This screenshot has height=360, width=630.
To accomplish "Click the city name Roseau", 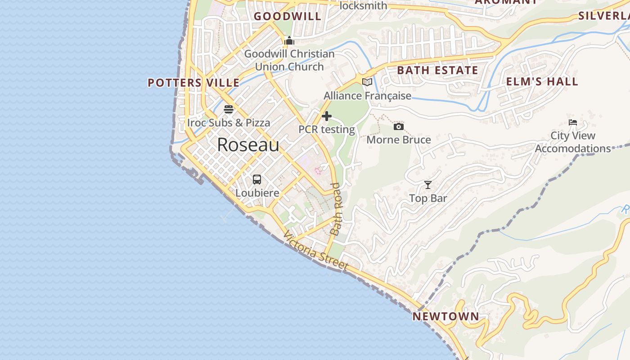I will click(x=248, y=145).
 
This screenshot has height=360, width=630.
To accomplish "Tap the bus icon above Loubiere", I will click(x=257, y=180).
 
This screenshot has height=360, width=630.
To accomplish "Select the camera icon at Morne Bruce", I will click(x=398, y=127).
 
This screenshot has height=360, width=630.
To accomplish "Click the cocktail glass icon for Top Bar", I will click(x=427, y=185).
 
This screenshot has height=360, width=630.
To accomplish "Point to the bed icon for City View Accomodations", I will click(x=572, y=122).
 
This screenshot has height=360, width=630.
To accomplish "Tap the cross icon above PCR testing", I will click(x=327, y=117).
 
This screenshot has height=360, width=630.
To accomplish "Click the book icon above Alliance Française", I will click(x=367, y=82).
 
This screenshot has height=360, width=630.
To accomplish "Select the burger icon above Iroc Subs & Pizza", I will click(x=229, y=109).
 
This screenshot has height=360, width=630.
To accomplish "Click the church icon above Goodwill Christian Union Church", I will click(x=289, y=41).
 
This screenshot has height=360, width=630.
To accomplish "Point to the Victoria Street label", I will click(x=316, y=251).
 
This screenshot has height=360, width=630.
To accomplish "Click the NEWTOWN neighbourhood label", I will click(x=446, y=316).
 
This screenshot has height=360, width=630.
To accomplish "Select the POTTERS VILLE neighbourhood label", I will click(x=193, y=83).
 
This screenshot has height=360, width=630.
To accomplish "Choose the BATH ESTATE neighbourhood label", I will click(x=437, y=70).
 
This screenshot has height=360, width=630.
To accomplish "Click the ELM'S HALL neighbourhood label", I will click(x=542, y=81).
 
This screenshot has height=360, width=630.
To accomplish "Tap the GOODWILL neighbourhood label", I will click(x=288, y=17).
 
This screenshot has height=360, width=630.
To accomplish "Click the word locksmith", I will click(x=363, y=5).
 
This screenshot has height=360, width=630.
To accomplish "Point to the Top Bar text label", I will click(x=428, y=198).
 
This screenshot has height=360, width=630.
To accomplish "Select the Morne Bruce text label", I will click(x=399, y=140).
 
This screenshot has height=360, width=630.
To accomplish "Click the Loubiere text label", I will click(x=257, y=193).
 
